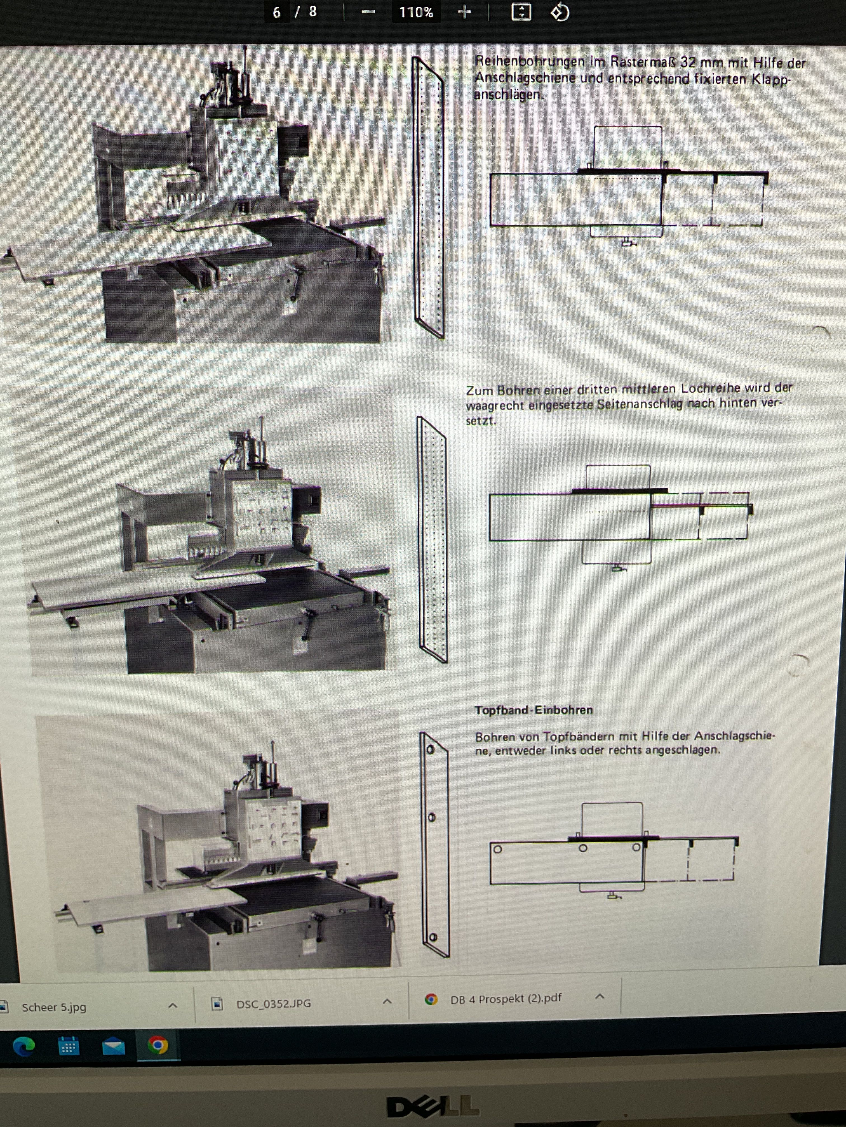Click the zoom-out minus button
coord(368,12)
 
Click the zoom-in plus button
coord(464,12)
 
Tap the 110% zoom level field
coord(416,12)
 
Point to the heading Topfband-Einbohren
coord(534,710)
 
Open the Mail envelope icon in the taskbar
coord(113,1046)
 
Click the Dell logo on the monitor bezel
coord(433,1107)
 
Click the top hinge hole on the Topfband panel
coord(430,750)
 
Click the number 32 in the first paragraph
coord(687,62)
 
